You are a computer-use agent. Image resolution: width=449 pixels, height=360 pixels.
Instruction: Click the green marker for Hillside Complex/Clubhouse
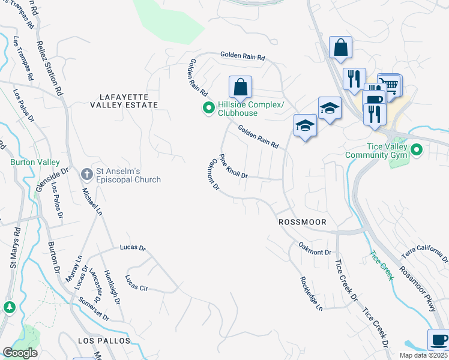click(208, 108)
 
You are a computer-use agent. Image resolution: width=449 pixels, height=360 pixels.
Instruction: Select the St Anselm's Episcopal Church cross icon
click(86, 174)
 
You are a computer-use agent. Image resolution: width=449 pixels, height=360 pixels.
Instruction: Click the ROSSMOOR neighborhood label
click(303, 222)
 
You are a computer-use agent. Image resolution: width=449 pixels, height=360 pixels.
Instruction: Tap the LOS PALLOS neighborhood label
click(104, 340)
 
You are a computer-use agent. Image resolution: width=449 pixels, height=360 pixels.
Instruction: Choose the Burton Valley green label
click(34, 163)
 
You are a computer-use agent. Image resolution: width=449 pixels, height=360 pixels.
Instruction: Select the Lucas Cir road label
click(136, 283)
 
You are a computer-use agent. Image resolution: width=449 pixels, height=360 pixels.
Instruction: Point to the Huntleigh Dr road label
click(112, 285)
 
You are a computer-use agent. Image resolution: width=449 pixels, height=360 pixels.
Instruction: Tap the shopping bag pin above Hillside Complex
click(240, 88)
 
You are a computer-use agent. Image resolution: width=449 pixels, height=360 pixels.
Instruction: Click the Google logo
click(20, 353)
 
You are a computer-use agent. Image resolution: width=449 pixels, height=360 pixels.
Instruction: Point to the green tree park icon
click(9, 307)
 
